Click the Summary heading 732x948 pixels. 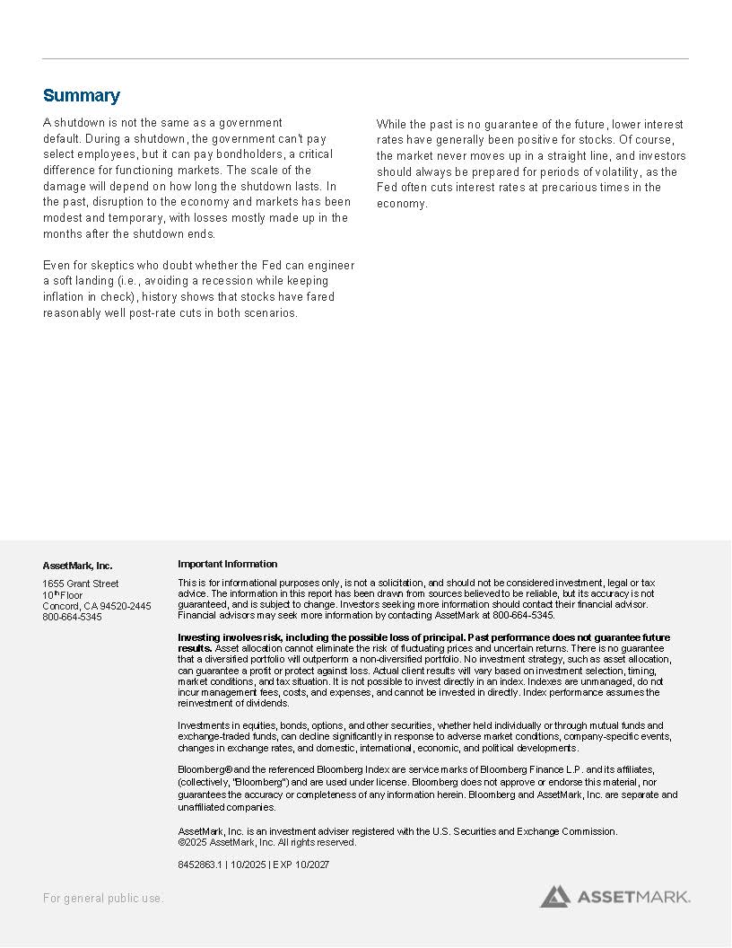point(81,96)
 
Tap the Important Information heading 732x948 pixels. point(227,564)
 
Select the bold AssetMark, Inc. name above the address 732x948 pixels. point(77,566)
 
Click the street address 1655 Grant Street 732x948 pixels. point(80,584)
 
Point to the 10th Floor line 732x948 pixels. point(62,595)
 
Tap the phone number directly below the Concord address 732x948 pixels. point(72,617)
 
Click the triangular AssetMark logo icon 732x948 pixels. point(554,895)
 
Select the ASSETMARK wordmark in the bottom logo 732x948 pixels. point(632,896)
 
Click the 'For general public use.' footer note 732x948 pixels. point(103,898)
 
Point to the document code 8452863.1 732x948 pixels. point(199,865)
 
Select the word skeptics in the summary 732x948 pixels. point(98,265)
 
